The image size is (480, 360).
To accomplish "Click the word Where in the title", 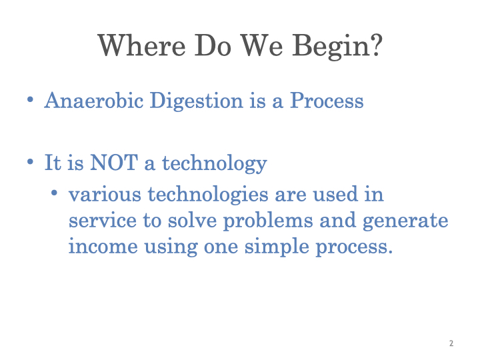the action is (142, 45).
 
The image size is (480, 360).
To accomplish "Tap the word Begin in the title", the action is (331, 46).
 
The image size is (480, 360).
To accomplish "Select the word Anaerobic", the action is (94, 100).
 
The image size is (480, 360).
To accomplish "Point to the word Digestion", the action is (196, 101).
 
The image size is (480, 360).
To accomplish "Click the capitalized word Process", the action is (327, 100).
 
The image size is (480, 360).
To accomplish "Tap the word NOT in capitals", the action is (114, 162).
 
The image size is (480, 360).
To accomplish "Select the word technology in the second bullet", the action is (214, 164).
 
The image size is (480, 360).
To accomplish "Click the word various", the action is (105, 195).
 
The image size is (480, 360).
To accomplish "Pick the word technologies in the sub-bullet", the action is (208, 195).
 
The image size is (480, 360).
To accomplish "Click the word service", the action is (102, 221).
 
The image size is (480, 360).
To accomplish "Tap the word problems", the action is (268, 221).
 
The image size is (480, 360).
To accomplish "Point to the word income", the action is (103, 246).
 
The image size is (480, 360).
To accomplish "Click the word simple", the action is (277, 247).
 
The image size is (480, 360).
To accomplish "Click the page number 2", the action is (451, 343).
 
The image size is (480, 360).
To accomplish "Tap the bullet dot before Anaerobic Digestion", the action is (30, 99).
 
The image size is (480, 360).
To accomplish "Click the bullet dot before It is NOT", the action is (30, 161).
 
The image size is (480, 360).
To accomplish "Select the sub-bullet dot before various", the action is (54, 193).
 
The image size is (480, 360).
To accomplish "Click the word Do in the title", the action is (213, 45).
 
